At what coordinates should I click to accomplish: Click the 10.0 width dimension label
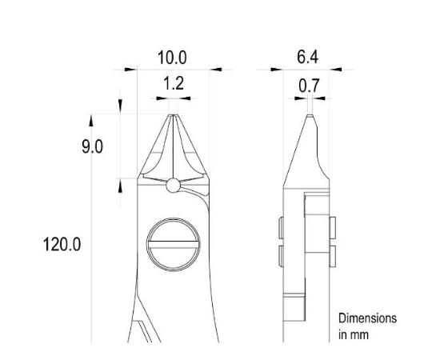coord(172,57)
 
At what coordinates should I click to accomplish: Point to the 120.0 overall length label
coord(62,244)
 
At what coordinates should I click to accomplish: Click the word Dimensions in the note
coord(367,318)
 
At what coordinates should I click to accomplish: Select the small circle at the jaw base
coord(174,186)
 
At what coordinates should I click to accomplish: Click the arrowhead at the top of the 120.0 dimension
coord(92,119)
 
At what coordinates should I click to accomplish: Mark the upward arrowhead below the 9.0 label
coord(121,185)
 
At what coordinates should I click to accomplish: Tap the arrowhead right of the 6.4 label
coord(337,70)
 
